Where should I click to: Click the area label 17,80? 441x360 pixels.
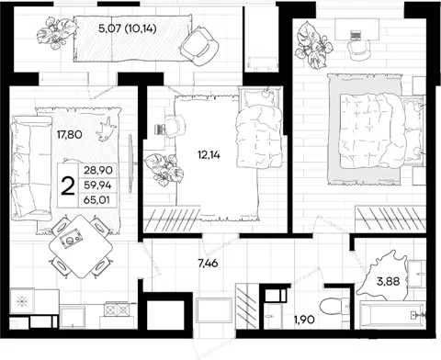pos(70,134)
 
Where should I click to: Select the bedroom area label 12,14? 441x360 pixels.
pos(209,155)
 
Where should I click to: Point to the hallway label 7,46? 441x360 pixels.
pos(208,263)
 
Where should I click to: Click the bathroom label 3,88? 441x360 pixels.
pos(388,281)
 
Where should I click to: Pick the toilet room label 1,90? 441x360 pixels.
pos(304,320)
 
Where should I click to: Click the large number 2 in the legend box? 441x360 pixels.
pos(68,186)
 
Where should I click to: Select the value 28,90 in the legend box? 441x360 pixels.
pos(98,170)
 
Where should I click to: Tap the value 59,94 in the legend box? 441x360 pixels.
pos(98,185)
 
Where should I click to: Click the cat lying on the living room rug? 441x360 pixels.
pos(106,129)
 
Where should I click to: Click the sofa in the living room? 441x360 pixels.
pos(30,168)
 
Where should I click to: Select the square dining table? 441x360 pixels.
pos(81,246)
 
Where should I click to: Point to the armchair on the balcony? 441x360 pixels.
pos(199,46)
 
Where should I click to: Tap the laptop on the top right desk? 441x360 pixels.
pos(356,35)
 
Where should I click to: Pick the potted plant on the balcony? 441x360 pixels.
pos(57,33)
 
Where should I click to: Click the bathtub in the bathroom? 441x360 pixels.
pos(392,315)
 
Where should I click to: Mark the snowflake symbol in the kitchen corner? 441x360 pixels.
pos(22,302)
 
